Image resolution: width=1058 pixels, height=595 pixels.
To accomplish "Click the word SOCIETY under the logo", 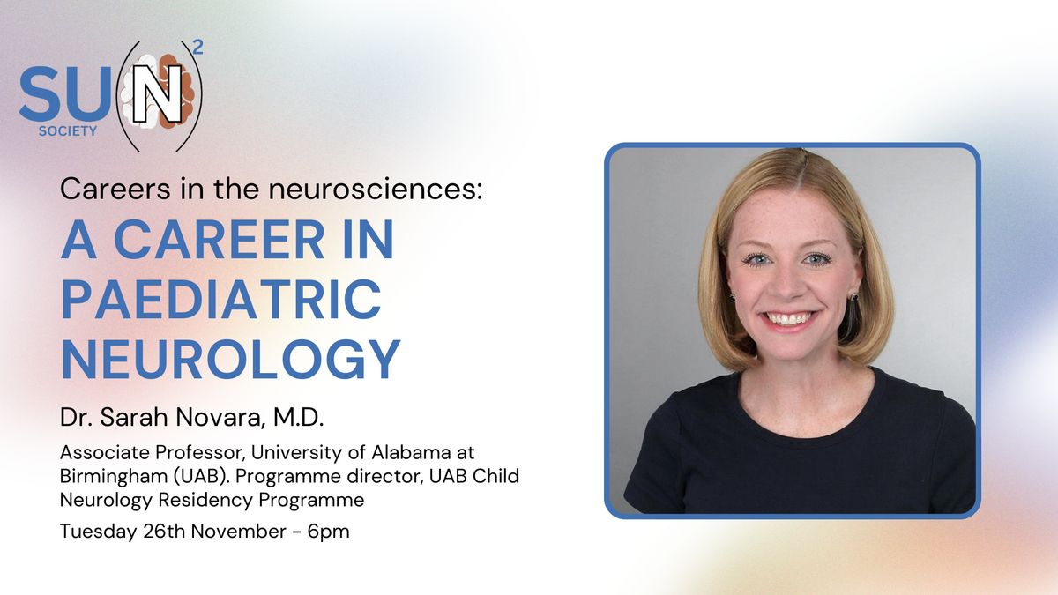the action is pos(68,131).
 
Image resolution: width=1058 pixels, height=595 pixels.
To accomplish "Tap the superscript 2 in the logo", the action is pos(198,48).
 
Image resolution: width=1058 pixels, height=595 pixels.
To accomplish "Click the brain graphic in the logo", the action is pos(157,92).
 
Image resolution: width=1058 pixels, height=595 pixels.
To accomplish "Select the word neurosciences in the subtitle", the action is pos(376,189).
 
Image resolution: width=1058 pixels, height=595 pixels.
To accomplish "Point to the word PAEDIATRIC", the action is pos(221,300).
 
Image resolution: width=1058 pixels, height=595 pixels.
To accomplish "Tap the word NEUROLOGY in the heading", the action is pos(231,360).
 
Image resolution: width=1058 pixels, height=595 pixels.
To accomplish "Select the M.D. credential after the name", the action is pos(299,418).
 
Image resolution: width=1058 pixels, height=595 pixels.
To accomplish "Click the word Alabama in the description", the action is pos(411,452).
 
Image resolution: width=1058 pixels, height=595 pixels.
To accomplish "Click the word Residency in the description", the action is pos(205,500).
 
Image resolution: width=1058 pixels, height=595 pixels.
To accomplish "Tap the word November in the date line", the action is pos(239,532).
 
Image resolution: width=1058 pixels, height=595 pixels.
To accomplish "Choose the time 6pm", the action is pos(328,532).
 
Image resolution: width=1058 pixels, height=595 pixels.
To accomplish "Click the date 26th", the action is pos(164,532).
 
